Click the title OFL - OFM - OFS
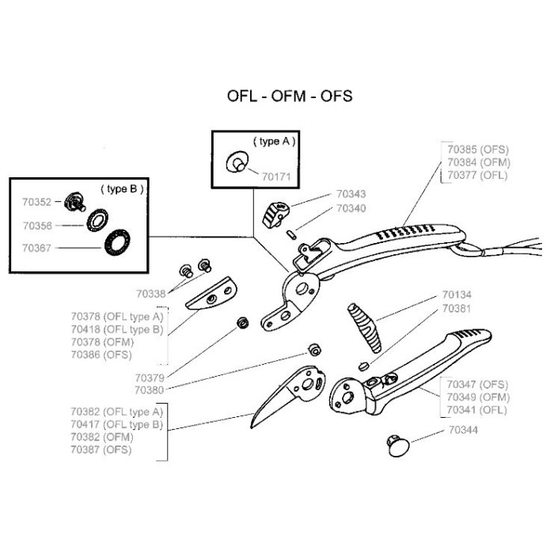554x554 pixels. [290, 97]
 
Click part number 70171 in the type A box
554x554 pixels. [277, 177]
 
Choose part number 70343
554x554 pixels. [351, 194]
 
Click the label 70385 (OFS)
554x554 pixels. [478, 148]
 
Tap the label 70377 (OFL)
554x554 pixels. [478, 175]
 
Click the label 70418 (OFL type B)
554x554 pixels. [116, 329]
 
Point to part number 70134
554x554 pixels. [456, 295]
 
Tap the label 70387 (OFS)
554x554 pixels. [101, 450]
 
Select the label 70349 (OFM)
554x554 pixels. [477, 397]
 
